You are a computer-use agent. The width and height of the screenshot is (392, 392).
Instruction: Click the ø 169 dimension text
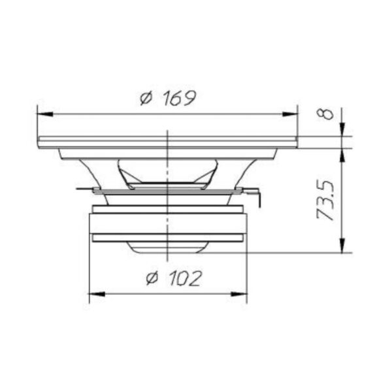(168, 97)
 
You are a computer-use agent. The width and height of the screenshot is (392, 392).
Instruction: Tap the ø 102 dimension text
(174, 278)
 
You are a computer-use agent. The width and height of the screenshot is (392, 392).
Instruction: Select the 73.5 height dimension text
(325, 200)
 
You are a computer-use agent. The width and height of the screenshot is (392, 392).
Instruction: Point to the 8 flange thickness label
(325, 114)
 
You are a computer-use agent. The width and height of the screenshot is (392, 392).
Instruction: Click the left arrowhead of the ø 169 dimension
(45, 114)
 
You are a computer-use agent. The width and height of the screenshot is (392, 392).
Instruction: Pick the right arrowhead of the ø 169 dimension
(290, 114)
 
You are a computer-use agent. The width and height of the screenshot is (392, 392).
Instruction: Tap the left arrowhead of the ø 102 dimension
(97, 294)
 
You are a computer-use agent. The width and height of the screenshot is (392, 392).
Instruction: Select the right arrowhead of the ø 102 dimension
(239, 294)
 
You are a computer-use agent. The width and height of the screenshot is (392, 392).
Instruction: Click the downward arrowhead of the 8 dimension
(342, 129)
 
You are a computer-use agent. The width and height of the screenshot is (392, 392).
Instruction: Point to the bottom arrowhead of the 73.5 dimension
(342, 245)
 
